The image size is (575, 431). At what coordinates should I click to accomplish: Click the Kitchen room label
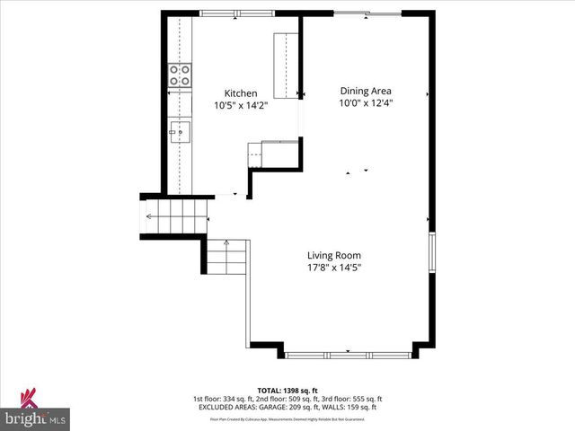pos(241,93)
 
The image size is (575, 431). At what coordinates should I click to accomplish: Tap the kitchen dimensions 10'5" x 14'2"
pos(241,105)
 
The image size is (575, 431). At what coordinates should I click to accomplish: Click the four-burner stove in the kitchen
pos(180,75)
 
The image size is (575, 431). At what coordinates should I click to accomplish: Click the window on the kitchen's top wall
pos(226,13)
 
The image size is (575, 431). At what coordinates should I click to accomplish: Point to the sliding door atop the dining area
pos(368,13)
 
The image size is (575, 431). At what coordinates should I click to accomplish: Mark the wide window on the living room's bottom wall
pos(349,356)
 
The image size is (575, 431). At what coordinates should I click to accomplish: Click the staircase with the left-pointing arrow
pos(176,216)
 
